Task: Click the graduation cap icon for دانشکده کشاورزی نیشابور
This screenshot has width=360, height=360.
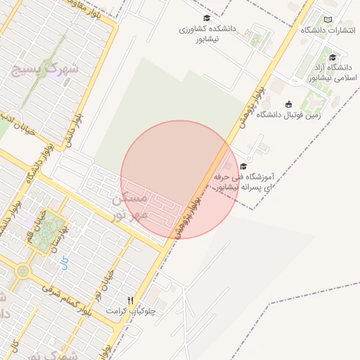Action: (206, 18)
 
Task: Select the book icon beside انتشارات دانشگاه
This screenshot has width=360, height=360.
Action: (328, 20)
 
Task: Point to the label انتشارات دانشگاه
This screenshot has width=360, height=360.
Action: (328, 30)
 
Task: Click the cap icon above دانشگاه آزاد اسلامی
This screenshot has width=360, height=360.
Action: (332, 57)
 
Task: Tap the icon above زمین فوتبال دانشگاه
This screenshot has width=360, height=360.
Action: (288, 104)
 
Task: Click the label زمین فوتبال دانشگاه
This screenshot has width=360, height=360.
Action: (288, 115)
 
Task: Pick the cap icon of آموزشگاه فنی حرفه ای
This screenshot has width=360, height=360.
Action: (243, 167)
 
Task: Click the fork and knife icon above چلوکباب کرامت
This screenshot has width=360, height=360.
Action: (129, 300)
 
